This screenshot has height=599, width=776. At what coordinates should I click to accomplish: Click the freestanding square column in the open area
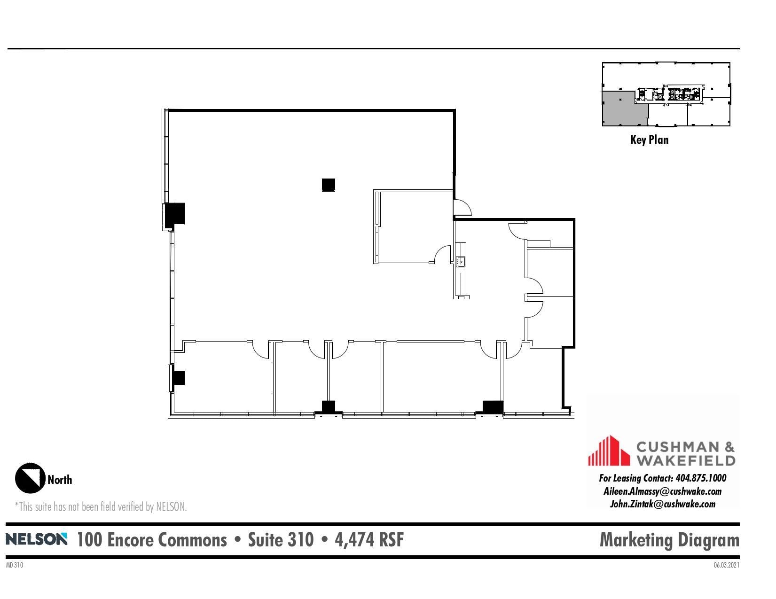click(329, 185)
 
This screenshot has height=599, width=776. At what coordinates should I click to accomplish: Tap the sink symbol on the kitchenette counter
click(461, 261)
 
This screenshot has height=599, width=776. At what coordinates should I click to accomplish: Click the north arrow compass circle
click(30, 478)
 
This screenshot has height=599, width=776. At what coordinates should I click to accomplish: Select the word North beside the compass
click(60, 480)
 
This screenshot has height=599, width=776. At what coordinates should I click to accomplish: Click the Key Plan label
click(649, 140)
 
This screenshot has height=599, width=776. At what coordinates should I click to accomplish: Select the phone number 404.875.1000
click(700, 478)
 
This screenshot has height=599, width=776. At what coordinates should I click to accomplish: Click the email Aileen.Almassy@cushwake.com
click(662, 491)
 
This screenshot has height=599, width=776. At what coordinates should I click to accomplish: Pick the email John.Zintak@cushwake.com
click(662, 504)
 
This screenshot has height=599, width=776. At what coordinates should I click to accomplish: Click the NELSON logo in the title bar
click(36, 539)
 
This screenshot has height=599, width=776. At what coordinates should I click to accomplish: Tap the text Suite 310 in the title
click(281, 539)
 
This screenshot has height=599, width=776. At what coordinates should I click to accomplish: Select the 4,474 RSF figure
click(369, 539)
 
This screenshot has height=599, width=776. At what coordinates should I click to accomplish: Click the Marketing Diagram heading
click(669, 539)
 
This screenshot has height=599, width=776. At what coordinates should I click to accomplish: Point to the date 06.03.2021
click(726, 565)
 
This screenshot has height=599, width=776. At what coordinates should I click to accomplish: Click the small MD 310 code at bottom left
click(14, 565)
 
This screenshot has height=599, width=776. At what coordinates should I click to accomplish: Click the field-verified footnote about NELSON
click(101, 506)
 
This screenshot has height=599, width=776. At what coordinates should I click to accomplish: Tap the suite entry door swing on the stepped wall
click(462, 207)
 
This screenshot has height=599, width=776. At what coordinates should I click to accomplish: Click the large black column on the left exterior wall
click(175, 214)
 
